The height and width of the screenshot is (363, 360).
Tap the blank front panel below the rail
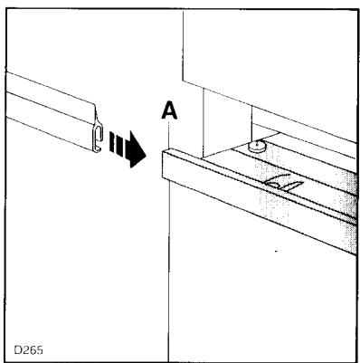tap(253, 290)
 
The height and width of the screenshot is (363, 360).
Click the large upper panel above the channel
tap(271, 54)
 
